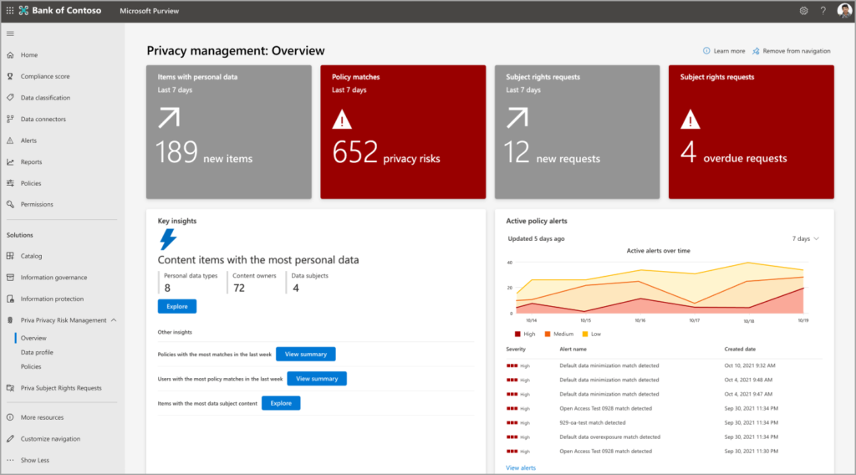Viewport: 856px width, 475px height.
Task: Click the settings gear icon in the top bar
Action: (803, 11)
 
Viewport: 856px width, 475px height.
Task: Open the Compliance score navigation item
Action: (45, 76)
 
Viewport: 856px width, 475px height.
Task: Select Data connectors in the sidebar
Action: (43, 119)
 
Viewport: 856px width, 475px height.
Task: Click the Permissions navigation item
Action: (37, 204)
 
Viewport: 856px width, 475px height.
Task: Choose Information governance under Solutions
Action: (53, 278)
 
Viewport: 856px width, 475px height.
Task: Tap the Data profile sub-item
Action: (37, 352)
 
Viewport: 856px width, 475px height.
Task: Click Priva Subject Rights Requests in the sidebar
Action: (61, 388)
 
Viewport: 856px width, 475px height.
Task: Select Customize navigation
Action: (50, 438)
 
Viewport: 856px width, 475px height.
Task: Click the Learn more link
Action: (729, 51)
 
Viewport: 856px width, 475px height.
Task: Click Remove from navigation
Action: (796, 51)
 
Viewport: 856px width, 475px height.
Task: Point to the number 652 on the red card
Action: (355, 151)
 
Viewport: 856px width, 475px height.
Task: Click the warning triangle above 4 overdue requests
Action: (690, 120)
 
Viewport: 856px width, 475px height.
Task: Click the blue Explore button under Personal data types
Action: (177, 306)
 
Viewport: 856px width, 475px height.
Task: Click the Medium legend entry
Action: (563, 334)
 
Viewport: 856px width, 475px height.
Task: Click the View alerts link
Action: (521, 467)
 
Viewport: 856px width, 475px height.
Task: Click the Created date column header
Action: (740, 349)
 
